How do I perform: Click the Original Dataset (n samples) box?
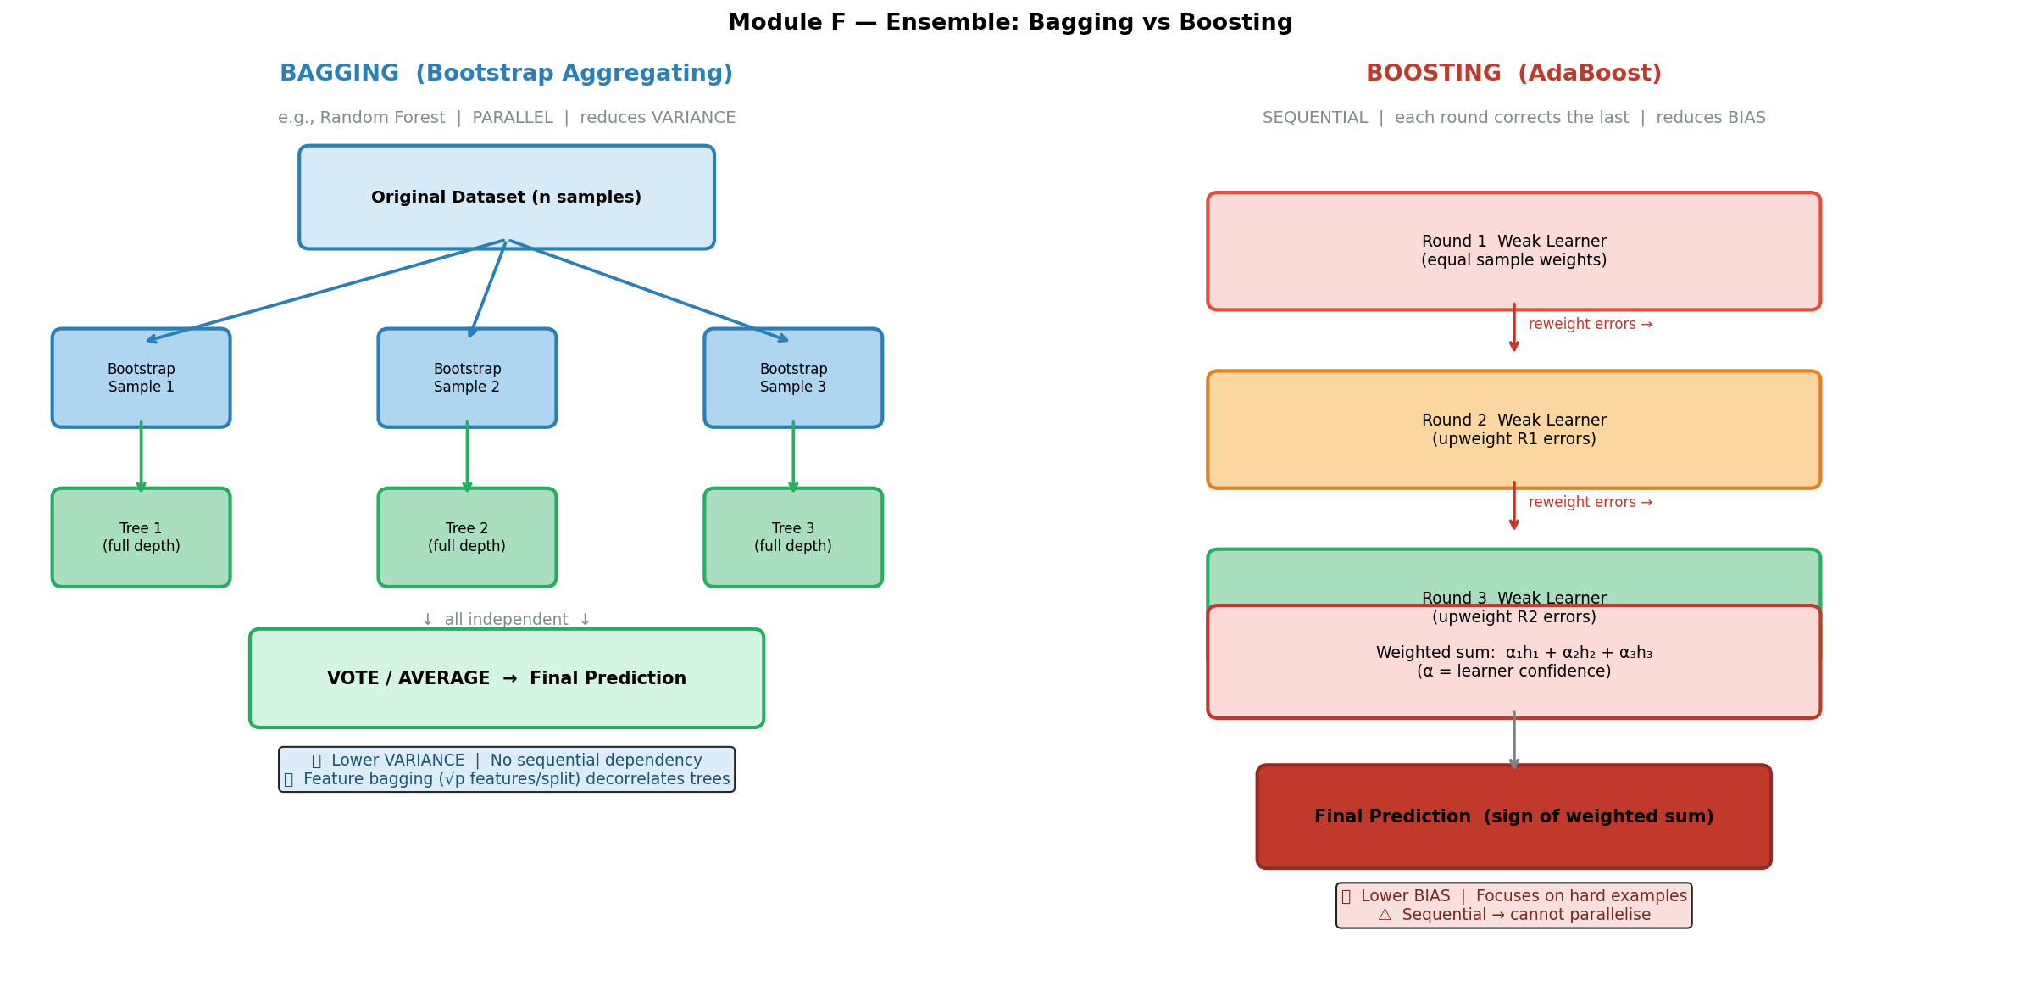[x=506, y=197]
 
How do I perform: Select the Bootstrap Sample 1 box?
[x=141, y=378]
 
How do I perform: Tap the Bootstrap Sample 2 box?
[x=467, y=378]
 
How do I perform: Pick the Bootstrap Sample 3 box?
[x=793, y=378]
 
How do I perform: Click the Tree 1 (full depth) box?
[x=141, y=538]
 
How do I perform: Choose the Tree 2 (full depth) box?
[x=467, y=538]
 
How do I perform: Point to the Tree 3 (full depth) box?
[x=793, y=538]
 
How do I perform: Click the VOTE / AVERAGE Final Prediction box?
[x=506, y=678]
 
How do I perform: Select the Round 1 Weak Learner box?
[x=1513, y=251]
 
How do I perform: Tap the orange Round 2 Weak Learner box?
[x=1513, y=429]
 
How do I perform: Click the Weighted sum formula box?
[x=1513, y=662]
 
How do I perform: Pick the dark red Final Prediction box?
[x=1513, y=816]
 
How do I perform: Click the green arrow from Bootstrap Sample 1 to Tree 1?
[x=141, y=456]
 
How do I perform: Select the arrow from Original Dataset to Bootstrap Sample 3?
[x=648, y=291]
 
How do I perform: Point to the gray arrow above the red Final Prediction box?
[x=1513, y=740]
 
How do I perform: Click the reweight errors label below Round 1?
[x=1590, y=324]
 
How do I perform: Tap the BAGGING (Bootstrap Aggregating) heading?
[x=506, y=74]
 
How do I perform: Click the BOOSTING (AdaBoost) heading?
[x=1513, y=74]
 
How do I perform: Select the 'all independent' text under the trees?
[x=506, y=620]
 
